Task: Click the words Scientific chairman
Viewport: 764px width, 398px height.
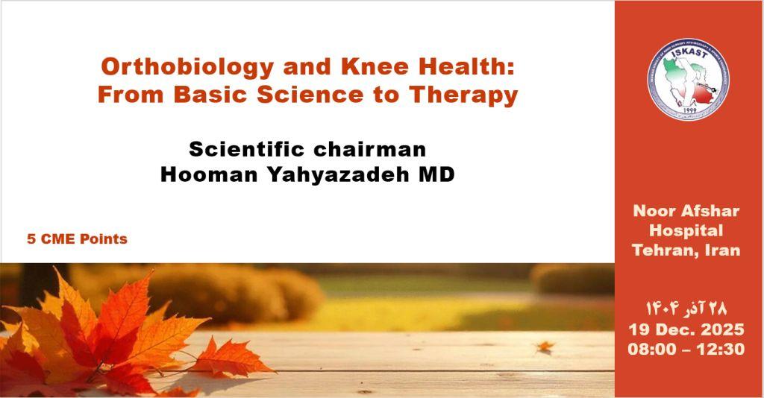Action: tap(307, 149)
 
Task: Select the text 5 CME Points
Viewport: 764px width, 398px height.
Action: tap(77, 239)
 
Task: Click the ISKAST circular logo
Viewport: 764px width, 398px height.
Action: tap(688, 78)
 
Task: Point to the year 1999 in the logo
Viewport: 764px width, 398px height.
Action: tap(688, 111)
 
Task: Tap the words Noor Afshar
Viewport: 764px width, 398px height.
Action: tap(686, 211)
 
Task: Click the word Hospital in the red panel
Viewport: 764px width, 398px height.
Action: tap(686, 230)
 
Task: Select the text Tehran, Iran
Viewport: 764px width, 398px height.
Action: tap(686, 250)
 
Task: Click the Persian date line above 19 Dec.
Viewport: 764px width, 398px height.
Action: tap(686, 308)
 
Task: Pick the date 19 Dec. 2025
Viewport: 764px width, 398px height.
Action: tap(686, 329)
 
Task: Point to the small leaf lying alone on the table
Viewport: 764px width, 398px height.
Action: tap(546, 346)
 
